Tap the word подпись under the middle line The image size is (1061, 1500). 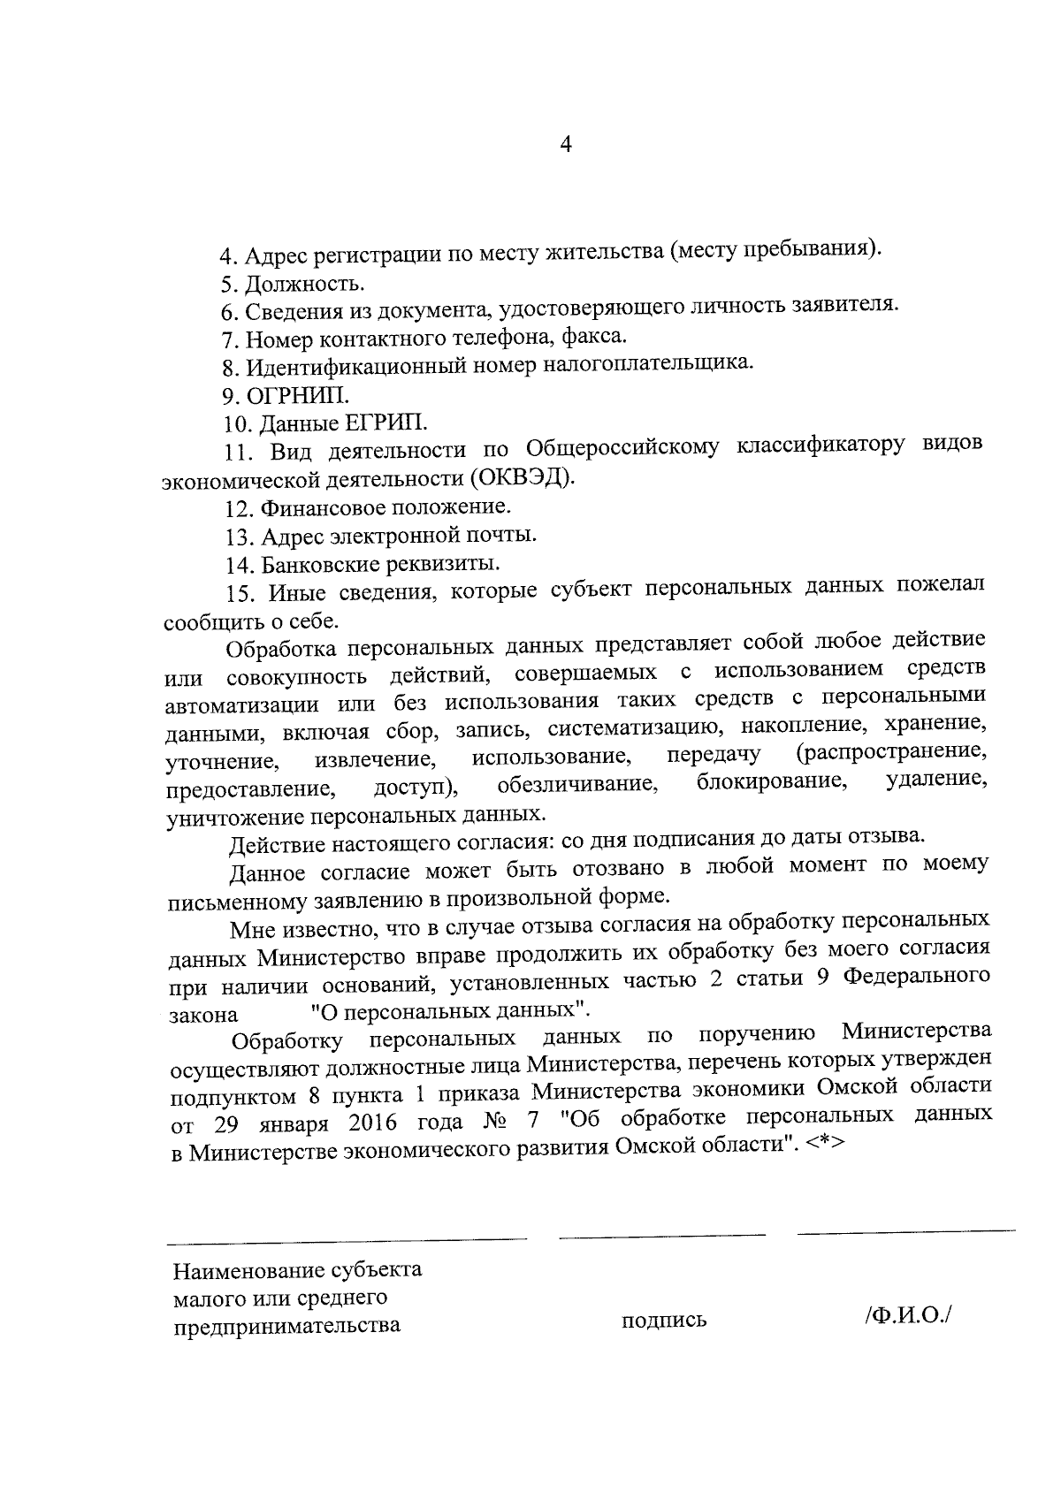[x=664, y=1321]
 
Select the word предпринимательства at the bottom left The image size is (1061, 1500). [x=287, y=1325]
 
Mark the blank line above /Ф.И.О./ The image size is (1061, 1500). [x=905, y=1230]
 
